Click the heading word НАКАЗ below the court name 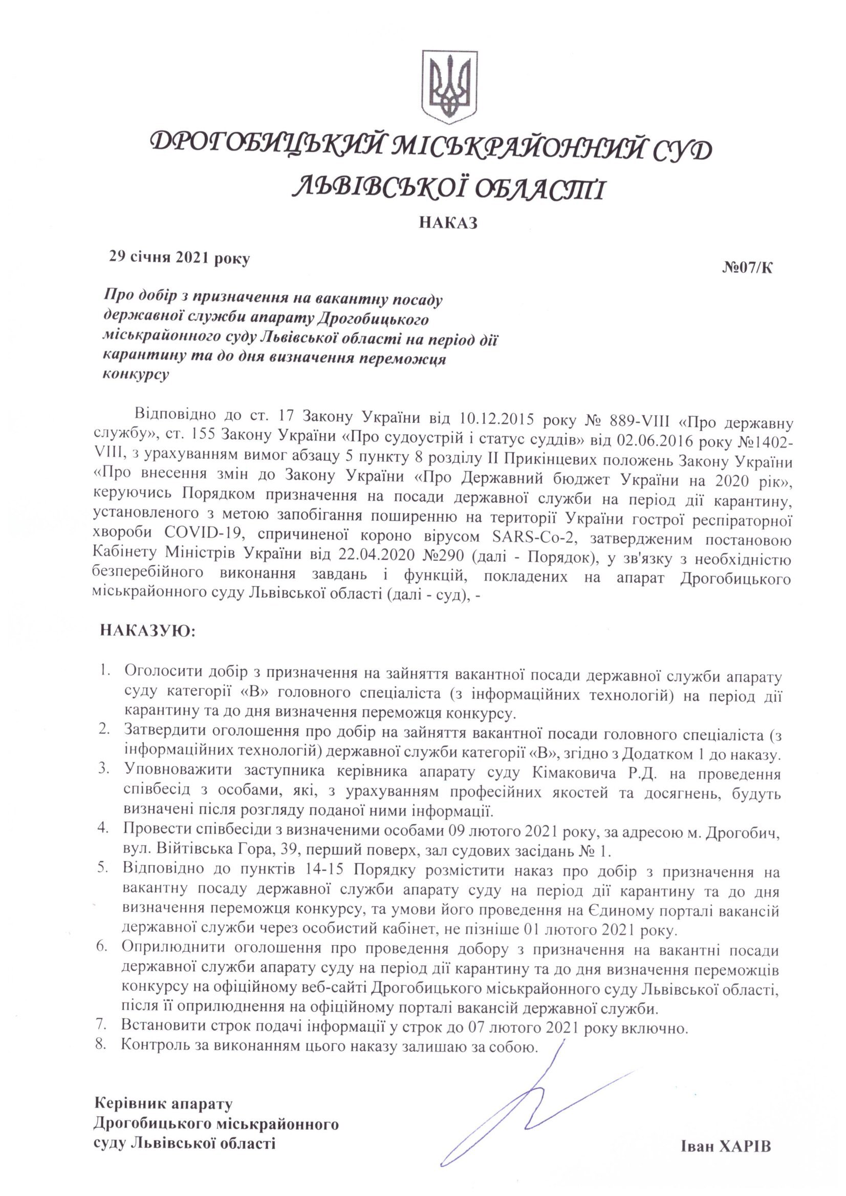tap(448, 223)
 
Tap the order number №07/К tap(748, 268)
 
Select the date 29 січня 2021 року tap(179, 258)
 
